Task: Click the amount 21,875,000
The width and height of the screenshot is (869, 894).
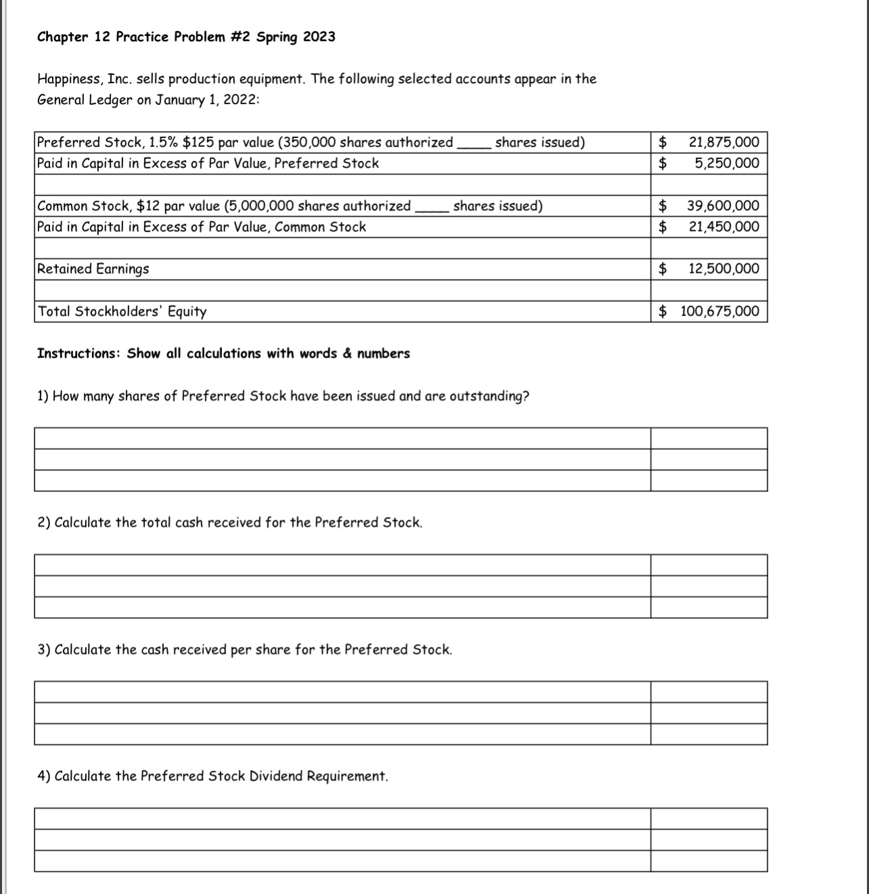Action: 723,142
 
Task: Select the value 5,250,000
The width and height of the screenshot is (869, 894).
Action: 727,163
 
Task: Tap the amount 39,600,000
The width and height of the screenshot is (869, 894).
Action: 723,206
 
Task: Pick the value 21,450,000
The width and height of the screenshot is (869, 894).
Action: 723,227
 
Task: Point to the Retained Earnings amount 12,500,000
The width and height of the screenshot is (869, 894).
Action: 723,269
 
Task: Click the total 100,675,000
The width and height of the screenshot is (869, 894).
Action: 719,311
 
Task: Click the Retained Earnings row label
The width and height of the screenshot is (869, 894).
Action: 93,269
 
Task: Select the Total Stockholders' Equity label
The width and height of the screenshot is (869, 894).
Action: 122,311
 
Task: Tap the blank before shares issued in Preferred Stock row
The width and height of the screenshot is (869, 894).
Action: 473,144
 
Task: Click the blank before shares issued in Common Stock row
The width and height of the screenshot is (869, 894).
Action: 431,208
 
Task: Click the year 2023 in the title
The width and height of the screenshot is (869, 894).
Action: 319,37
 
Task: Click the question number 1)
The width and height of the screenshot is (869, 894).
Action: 43,396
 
